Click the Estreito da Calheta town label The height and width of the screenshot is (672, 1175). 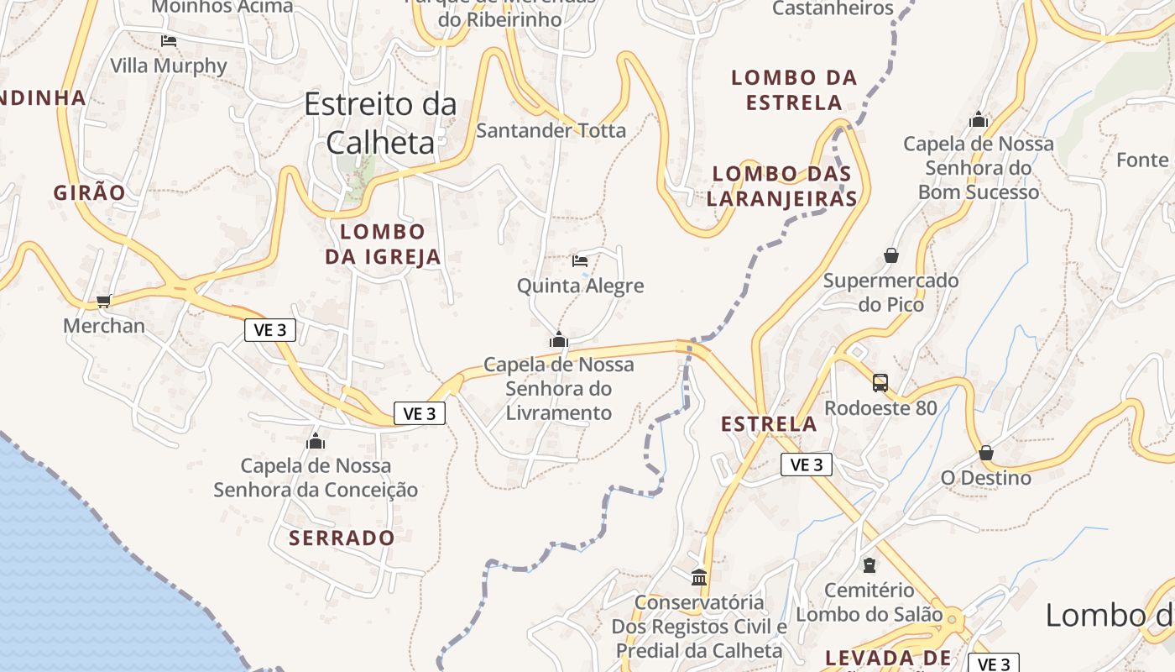(x=380, y=123)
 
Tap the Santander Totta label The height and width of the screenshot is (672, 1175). (x=551, y=130)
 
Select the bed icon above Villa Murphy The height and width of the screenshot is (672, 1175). (x=169, y=40)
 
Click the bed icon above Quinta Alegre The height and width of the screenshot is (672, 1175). (x=580, y=260)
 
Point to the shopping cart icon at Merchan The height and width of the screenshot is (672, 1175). (x=103, y=301)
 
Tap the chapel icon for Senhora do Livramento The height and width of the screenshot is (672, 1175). (x=559, y=339)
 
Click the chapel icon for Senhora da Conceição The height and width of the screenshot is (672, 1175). (x=316, y=440)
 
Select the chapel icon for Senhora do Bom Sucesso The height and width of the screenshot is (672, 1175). (x=979, y=119)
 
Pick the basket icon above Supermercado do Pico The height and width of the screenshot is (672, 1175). (x=891, y=255)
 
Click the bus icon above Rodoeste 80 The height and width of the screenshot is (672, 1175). (x=880, y=382)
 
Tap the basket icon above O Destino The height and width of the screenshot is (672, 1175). (x=986, y=452)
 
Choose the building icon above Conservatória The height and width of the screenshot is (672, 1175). (x=699, y=577)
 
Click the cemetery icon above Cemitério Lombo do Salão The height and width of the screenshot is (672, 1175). (x=869, y=565)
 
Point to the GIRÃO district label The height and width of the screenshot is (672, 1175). (x=90, y=192)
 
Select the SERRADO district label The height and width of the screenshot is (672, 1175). (x=342, y=538)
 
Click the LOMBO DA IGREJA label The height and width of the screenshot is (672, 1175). (x=383, y=244)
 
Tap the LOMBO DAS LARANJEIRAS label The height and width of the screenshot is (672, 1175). (x=782, y=186)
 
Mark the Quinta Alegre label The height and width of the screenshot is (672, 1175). (x=581, y=286)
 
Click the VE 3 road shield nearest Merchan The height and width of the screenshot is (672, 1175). (x=270, y=330)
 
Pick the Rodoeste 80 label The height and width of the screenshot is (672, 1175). (x=880, y=408)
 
